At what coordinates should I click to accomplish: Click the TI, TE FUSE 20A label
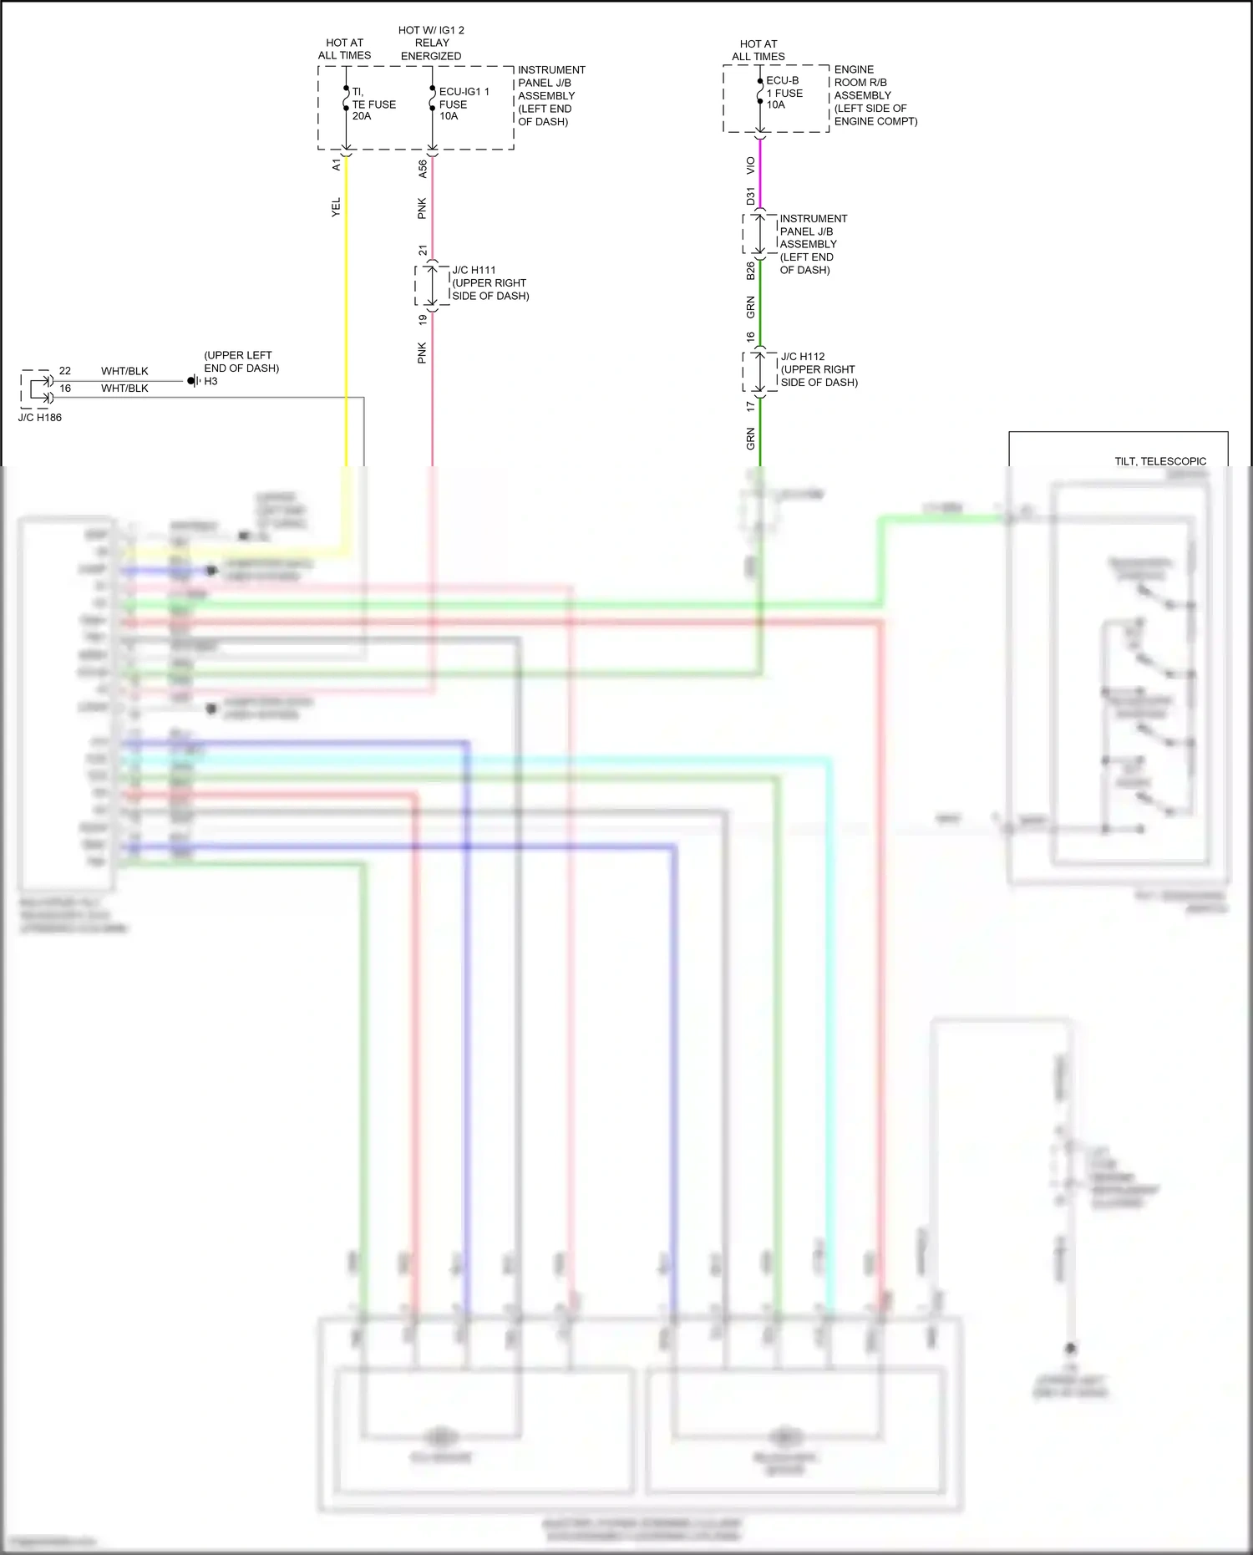click(373, 104)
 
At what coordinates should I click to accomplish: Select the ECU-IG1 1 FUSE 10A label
click(463, 104)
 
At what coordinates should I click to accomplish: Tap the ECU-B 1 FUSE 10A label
click(784, 93)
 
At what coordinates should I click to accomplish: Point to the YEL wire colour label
click(337, 207)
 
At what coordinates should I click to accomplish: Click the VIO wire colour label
click(751, 165)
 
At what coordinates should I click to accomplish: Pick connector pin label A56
click(423, 169)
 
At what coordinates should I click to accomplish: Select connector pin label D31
click(751, 196)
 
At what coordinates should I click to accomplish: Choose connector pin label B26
click(751, 270)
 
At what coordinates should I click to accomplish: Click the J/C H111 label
click(474, 270)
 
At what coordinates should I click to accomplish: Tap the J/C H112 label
click(803, 357)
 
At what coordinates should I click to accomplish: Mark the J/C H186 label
click(40, 417)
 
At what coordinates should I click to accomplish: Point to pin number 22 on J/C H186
click(65, 371)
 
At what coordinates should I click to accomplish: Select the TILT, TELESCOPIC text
click(1159, 461)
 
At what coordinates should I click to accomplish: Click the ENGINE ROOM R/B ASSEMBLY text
click(875, 95)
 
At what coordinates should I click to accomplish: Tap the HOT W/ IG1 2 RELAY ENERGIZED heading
click(431, 43)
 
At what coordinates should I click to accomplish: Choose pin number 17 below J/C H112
click(751, 406)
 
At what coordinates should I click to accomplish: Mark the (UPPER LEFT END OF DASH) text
click(241, 362)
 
